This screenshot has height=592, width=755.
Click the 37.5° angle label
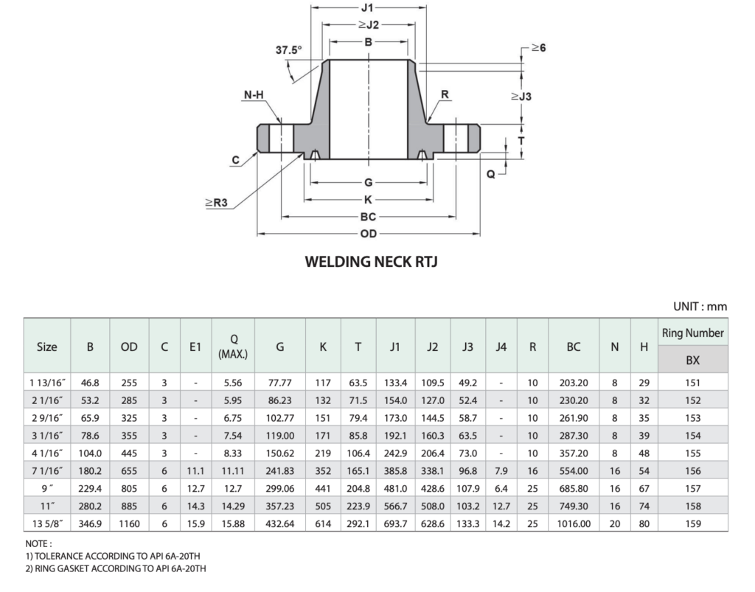(x=288, y=51)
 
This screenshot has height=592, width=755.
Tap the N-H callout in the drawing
(x=254, y=95)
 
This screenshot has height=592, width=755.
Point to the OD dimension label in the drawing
(x=369, y=234)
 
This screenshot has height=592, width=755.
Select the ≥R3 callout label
(x=215, y=203)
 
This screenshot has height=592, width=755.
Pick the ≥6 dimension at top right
(x=537, y=48)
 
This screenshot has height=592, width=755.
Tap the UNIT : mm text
(x=700, y=306)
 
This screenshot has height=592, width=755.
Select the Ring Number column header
(x=692, y=332)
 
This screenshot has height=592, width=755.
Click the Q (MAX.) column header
(x=233, y=346)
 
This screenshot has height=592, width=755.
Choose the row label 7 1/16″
(x=46, y=470)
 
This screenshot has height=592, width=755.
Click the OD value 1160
(x=129, y=523)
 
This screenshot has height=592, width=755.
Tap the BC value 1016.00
(x=574, y=523)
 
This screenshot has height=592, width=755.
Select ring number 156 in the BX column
(x=692, y=470)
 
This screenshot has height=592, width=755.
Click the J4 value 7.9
(x=501, y=470)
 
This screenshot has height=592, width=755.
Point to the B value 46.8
(x=90, y=383)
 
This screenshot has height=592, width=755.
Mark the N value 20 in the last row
(x=614, y=523)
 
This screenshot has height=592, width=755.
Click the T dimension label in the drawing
(x=521, y=140)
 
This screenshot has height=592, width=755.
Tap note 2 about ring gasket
(x=115, y=568)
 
